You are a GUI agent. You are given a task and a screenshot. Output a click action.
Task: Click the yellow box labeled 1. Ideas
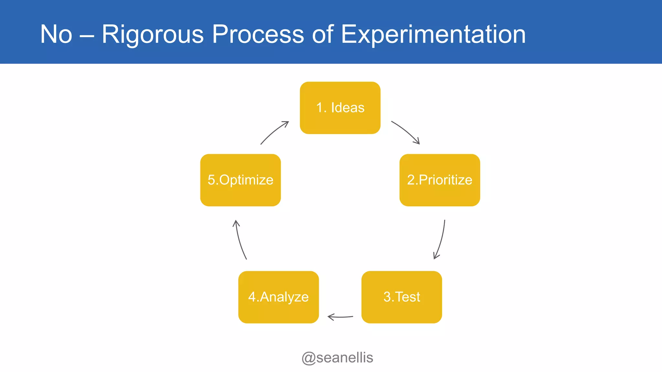tap(340, 108)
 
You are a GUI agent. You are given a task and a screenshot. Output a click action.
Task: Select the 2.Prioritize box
tap(440, 180)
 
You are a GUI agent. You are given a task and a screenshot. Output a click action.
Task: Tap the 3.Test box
tap(401, 297)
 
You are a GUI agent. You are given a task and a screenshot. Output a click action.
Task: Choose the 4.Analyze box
tap(279, 297)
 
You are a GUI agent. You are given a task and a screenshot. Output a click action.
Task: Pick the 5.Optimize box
tap(240, 180)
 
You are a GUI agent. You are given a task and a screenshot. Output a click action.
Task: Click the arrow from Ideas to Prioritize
tap(406, 131)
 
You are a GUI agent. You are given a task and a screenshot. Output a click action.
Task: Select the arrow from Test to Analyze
tap(340, 317)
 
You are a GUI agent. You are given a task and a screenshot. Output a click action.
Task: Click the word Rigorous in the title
tap(153, 34)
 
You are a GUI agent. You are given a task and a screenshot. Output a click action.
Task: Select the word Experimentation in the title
tap(433, 34)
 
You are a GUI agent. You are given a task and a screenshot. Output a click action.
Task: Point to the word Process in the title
tap(258, 34)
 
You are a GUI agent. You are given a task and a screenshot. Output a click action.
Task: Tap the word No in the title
tap(56, 34)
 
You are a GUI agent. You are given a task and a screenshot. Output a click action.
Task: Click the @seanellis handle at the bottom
tap(337, 358)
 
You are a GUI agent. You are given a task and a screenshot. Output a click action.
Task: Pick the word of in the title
tap(323, 34)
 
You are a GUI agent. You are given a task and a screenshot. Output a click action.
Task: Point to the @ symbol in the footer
tap(308, 358)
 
